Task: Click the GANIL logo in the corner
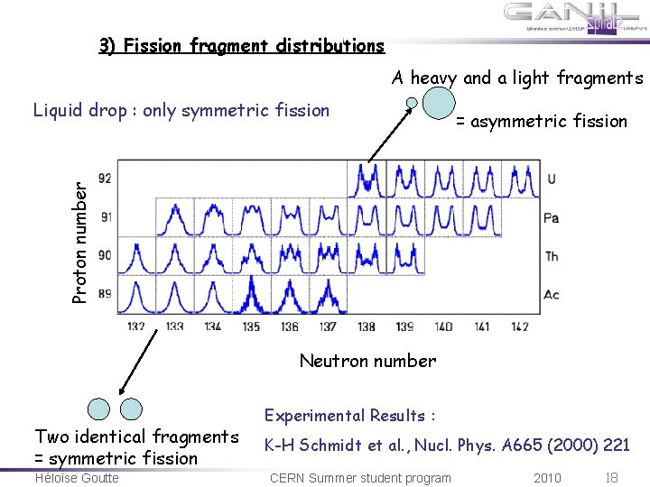pos(574,18)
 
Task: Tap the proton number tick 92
pos(106,179)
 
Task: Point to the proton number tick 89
pos(106,294)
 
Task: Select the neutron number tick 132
pos(136,326)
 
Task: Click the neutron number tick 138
pos(367,326)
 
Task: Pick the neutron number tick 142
pos(519,326)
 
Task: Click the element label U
pos(551,179)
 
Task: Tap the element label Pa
pos(552,218)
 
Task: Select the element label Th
pos(552,256)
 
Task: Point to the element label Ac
pos(552,295)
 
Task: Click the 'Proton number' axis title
pos(80,243)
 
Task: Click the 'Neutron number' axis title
pos(367,361)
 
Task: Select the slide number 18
pos(612,477)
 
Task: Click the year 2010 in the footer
pos(547,477)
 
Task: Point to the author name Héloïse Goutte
pos(76,477)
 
